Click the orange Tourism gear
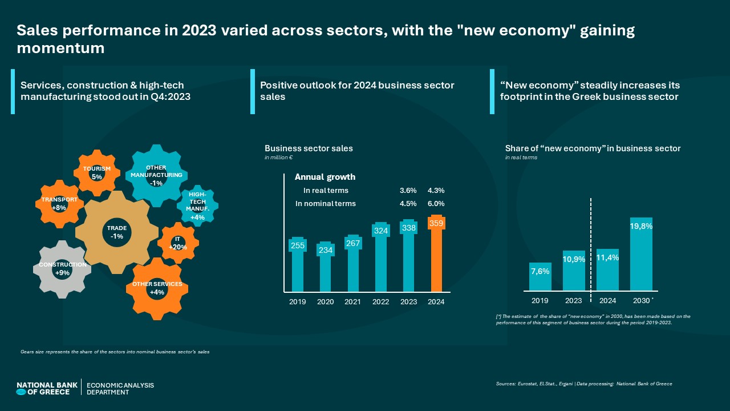pos(96,172)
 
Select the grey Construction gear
pos(62,269)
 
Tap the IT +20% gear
pos(178,243)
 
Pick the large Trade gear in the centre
pos(117,232)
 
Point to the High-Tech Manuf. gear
pos(197,205)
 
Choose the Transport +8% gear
pos(59,204)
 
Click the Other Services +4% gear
pos(157,288)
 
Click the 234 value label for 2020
pos(326,250)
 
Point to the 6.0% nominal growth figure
pos(436,204)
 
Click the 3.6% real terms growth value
pos(408,191)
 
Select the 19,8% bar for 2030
pos(641,254)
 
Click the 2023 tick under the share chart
pos(574,301)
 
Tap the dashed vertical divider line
pos(590,245)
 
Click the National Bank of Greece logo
pos(47,388)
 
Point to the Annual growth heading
pos(325,177)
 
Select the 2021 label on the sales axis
pos(353,302)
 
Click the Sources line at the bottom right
pos(584,384)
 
